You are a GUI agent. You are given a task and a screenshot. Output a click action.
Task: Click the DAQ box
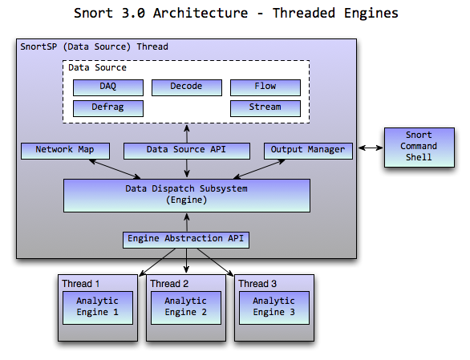(x=108, y=87)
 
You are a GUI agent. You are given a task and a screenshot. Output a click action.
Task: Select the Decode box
(x=187, y=87)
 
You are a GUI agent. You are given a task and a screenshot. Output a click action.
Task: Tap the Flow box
(x=265, y=87)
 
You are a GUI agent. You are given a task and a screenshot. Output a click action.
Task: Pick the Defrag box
(x=108, y=108)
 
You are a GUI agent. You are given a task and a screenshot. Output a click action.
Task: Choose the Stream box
(x=265, y=108)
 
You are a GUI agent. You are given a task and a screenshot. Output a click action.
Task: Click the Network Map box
(x=65, y=151)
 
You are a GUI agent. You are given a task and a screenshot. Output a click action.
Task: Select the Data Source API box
(x=187, y=151)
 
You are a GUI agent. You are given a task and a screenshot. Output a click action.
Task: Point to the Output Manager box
(x=308, y=151)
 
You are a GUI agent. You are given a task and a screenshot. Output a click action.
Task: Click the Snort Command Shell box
(x=419, y=148)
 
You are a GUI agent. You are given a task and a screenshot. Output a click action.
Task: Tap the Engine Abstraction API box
(x=186, y=240)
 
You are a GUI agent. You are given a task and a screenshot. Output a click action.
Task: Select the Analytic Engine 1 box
(x=98, y=308)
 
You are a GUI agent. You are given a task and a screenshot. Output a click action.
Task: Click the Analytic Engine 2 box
(x=186, y=308)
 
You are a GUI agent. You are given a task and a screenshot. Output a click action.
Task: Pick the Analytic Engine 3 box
(x=274, y=308)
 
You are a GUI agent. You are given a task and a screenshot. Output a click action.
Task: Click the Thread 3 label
(x=257, y=284)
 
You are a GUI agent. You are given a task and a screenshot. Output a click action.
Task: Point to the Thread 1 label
(x=81, y=284)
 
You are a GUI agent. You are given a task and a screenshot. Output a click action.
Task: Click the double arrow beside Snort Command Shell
(x=371, y=148)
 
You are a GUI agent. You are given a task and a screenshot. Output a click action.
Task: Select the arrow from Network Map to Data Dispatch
(x=115, y=169)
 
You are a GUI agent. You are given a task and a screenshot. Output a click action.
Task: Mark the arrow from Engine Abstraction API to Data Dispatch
(x=187, y=222)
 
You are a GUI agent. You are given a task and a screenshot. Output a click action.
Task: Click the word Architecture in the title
(x=201, y=13)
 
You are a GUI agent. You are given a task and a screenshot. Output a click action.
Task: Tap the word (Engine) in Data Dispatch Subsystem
(x=186, y=200)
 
